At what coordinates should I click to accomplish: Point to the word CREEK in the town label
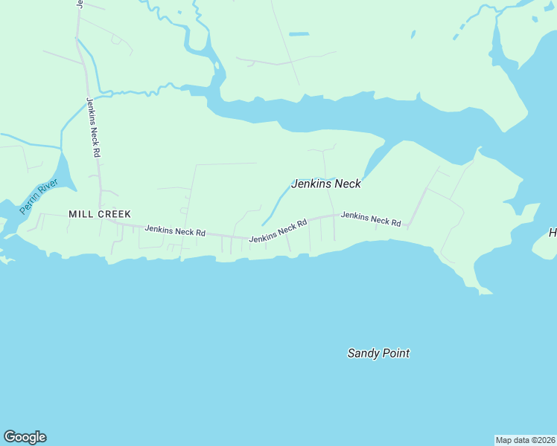[113, 213]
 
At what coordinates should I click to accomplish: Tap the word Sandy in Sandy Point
[363, 354]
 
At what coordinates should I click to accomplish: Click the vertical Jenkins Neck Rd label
[93, 127]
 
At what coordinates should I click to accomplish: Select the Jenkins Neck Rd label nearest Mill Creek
[175, 231]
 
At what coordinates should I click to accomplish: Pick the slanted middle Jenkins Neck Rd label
[278, 231]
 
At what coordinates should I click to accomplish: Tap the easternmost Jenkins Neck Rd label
[371, 219]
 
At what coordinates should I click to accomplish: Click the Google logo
[25, 437]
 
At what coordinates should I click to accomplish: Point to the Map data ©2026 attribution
[525, 439]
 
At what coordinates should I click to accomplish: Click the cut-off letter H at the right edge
[553, 233]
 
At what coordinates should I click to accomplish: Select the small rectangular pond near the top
[299, 34]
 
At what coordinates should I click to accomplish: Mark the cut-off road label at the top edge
[79, 4]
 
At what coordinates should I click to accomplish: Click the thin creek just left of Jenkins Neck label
[276, 204]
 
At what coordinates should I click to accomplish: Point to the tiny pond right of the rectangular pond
[412, 33]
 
